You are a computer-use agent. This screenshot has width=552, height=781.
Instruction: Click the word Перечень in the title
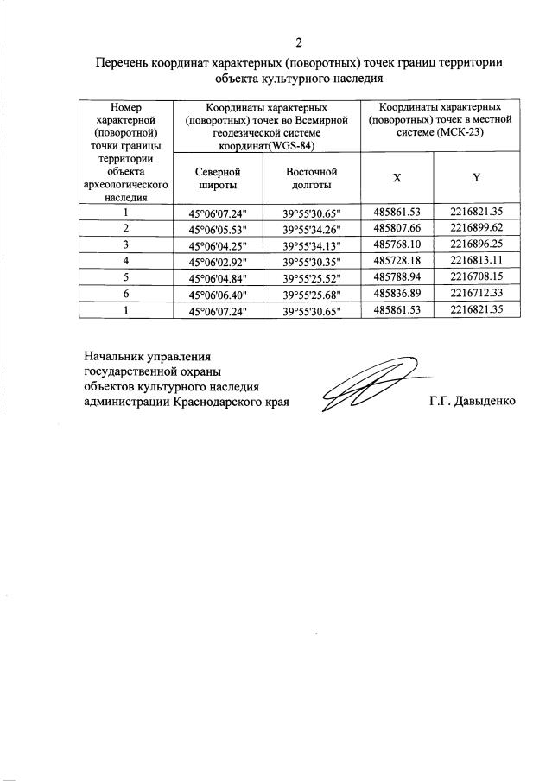coord(123,62)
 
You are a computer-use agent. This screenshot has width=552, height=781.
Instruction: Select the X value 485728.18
coord(397,261)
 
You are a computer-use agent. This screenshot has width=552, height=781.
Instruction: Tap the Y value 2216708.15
coord(476,277)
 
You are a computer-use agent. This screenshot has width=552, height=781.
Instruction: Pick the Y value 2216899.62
coord(476,229)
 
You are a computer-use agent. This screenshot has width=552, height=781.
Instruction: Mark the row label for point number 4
coord(126,261)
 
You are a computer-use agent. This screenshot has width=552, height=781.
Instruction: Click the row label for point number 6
coord(126,294)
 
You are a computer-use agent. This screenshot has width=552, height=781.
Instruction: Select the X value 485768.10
coord(397,245)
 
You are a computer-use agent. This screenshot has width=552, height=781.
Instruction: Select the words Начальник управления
coord(147,355)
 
